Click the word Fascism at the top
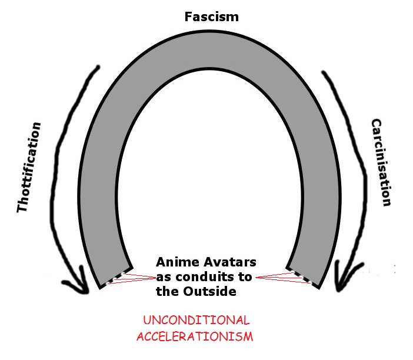pyautogui.click(x=212, y=16)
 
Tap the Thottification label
pyautogui.click(x=29, y=168)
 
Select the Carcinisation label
pyautogui.click(x=381, y=163)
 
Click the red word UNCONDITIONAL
pyautogui.click(x=196, y=321)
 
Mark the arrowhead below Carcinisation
pyautogui.click(x=343, y=281)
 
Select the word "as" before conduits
pyautogui.click(x=163, y=276)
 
